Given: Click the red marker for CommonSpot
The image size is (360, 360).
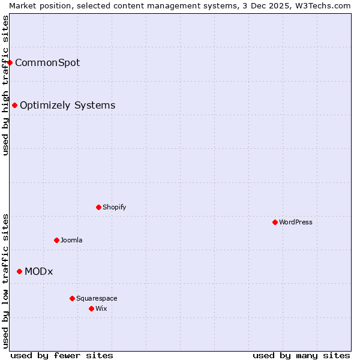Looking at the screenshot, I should click(10, 62).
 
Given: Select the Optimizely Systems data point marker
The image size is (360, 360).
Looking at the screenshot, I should click(15, 106).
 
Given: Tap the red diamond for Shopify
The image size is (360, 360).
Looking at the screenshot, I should click(99, 207).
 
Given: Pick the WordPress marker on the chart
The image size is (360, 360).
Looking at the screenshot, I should click(275, 222).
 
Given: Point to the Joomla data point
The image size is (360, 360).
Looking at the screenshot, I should click(57, 240).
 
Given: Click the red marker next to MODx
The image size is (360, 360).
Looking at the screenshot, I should click(20, 271).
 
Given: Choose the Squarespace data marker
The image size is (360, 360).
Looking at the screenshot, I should click(73, 298).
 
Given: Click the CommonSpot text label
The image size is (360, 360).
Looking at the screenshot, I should click(47, 62).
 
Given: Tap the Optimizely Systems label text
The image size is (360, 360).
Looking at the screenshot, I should click(68, 106).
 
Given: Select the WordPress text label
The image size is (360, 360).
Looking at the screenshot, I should click(296, 222).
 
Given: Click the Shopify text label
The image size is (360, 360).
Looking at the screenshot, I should click(115, 207).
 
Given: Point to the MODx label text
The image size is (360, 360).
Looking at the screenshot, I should click(39, 271).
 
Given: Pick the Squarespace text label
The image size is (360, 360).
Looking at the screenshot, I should click(97, 298).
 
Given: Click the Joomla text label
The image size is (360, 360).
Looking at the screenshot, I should click(71, 240).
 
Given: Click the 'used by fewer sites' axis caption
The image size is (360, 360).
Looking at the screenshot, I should click(62, 355).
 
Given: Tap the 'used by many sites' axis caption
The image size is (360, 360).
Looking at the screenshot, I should click(301, 355).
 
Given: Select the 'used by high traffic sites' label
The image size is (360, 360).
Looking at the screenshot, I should click(5, 85).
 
